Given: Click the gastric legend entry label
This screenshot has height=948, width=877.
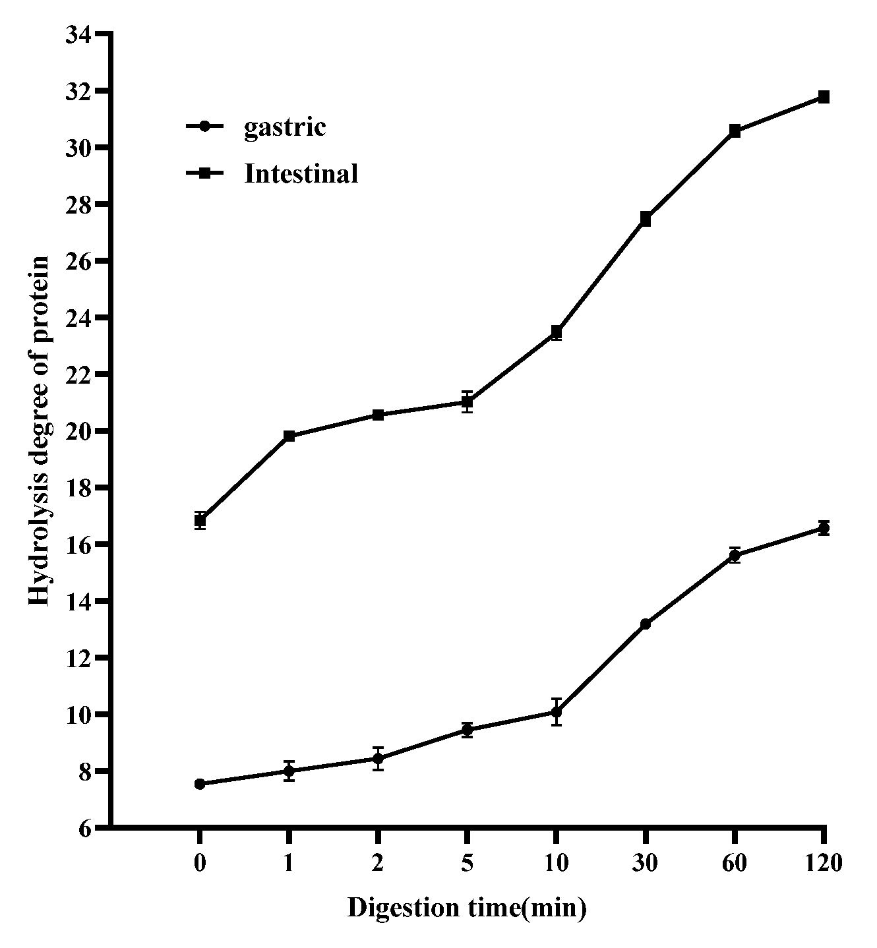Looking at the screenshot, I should [x=285, y=127].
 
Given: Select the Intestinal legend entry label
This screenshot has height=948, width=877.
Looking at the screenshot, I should [x=301, y=173].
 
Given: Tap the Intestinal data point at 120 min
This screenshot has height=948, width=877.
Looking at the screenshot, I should [x=824, y=97].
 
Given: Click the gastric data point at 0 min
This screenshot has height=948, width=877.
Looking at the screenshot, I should [x=200, y=784].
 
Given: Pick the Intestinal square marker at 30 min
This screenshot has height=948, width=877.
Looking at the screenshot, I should [x=646, y=220].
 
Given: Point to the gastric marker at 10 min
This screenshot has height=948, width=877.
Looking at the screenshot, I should [x=557, y=712].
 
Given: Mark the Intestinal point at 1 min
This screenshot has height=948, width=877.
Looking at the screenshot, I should [x=289, y=436].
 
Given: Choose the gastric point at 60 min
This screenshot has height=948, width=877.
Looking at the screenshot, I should [x=735, y=556].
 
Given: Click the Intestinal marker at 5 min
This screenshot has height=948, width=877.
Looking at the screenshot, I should [x=467, y=401].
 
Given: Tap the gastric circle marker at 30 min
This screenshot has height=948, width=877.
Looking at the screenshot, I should [x=646, y=624].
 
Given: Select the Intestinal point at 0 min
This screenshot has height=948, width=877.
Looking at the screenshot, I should [x=200, y=520].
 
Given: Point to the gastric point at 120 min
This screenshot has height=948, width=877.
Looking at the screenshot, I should [x=824, y=527].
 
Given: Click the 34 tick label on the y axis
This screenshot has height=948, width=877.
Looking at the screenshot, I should [x=80, y=34].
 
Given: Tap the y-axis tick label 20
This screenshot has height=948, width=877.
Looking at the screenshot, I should [x=80, y=431].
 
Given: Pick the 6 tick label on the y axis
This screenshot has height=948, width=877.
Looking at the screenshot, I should [x=86, y=828].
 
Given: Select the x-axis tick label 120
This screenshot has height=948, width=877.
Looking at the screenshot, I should [x=824, y=862].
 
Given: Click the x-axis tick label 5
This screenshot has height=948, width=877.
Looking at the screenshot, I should [x=467, y=862].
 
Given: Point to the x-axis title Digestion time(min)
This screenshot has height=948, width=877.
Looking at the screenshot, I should [x=467, y=908].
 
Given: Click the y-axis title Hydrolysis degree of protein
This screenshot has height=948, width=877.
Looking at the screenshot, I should [x=40, y=431].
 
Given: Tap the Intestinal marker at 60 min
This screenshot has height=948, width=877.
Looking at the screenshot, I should [x=735, y=131].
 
